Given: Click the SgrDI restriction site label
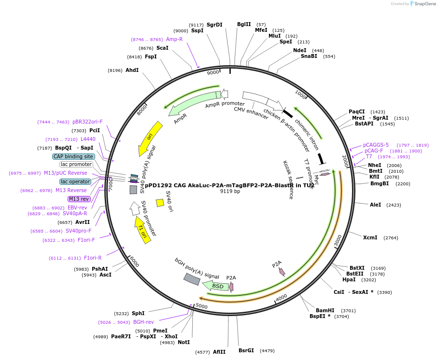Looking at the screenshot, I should pos(214,25).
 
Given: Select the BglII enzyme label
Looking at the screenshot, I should pos(244,24).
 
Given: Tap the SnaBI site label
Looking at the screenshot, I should pos(309,56).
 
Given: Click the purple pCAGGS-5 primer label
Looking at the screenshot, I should pos(376,145).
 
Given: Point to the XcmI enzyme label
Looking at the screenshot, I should pos(370,237).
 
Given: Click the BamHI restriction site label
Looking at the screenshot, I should pos(325,310).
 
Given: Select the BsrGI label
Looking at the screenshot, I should pos(246,350).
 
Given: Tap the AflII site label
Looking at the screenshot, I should pos(219,352).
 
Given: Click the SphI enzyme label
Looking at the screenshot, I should pos(138,313).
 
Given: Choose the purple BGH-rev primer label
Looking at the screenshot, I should pos(143,322).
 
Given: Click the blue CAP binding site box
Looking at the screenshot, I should pos(73,156).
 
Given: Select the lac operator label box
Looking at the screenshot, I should pos(75,181).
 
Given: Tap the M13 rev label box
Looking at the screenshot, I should pos(79,199).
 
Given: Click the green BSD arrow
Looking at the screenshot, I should pos(216,286).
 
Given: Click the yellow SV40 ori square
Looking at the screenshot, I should pos(160,203).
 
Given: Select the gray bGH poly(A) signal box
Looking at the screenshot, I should pos(192,279).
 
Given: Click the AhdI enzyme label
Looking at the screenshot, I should pos(132,70).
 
